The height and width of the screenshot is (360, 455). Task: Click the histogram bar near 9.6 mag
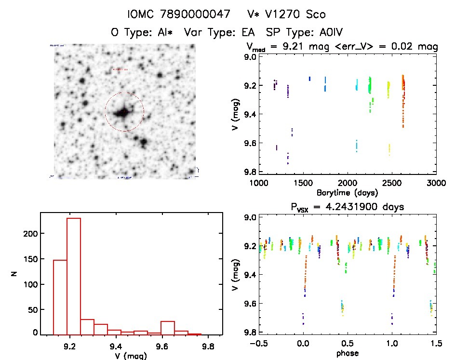tap(168, 328)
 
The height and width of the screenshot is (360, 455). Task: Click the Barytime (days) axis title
tap(347, 192)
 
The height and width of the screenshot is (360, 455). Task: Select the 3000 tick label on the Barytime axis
tap(436, 184)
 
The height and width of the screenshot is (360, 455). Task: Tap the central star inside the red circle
tap(123, 112)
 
